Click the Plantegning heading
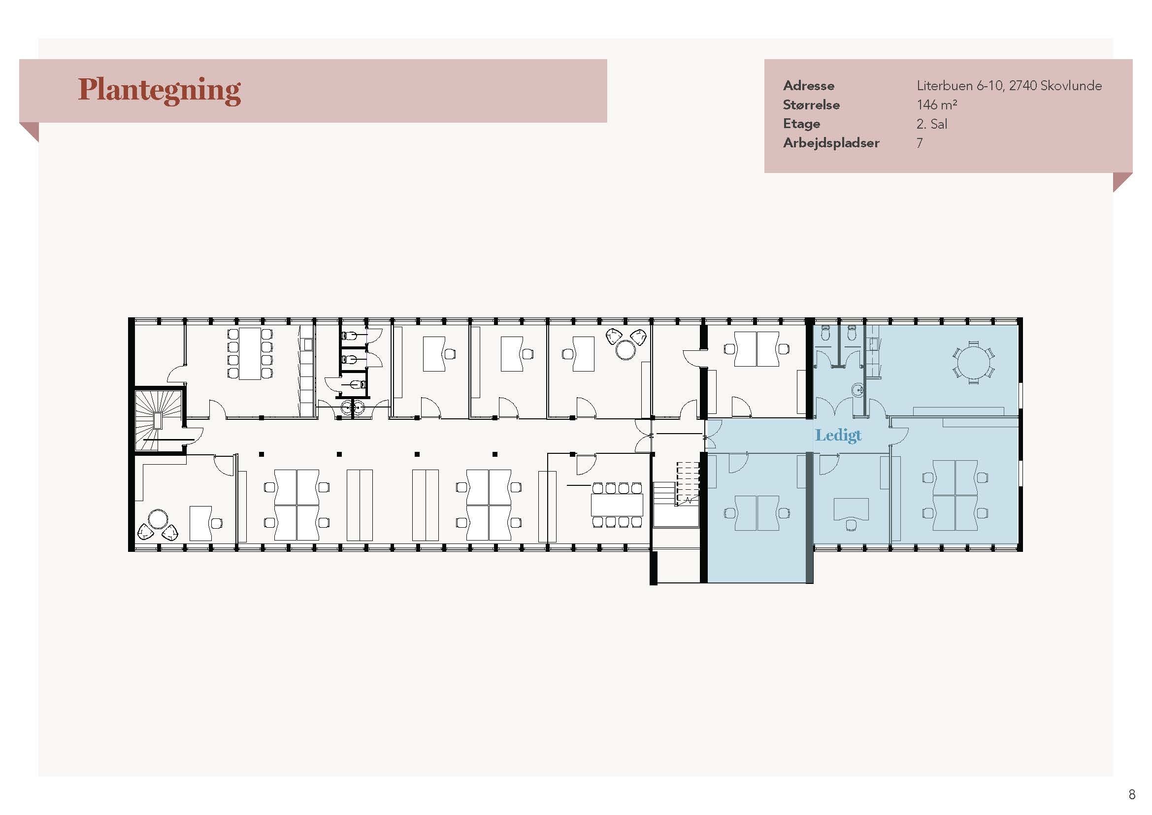click(159, 90)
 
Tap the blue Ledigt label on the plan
click(838, 436)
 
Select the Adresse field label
click(808, 86)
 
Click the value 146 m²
click(936, 104)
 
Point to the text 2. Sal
click(932, 124)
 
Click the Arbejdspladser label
click(831, 143)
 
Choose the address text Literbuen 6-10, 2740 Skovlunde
click(1009, 86)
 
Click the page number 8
click(1131, 794)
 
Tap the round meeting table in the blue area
click(973, 362)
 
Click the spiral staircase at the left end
click(158, 419)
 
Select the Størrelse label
click(811, 105)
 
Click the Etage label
click(801, 124)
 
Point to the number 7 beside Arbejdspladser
click(920, 143)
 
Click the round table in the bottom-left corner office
click(158, 519)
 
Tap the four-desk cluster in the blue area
click(955, 495)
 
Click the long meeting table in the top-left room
click(249, 353)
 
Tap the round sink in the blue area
click(857, 389)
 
